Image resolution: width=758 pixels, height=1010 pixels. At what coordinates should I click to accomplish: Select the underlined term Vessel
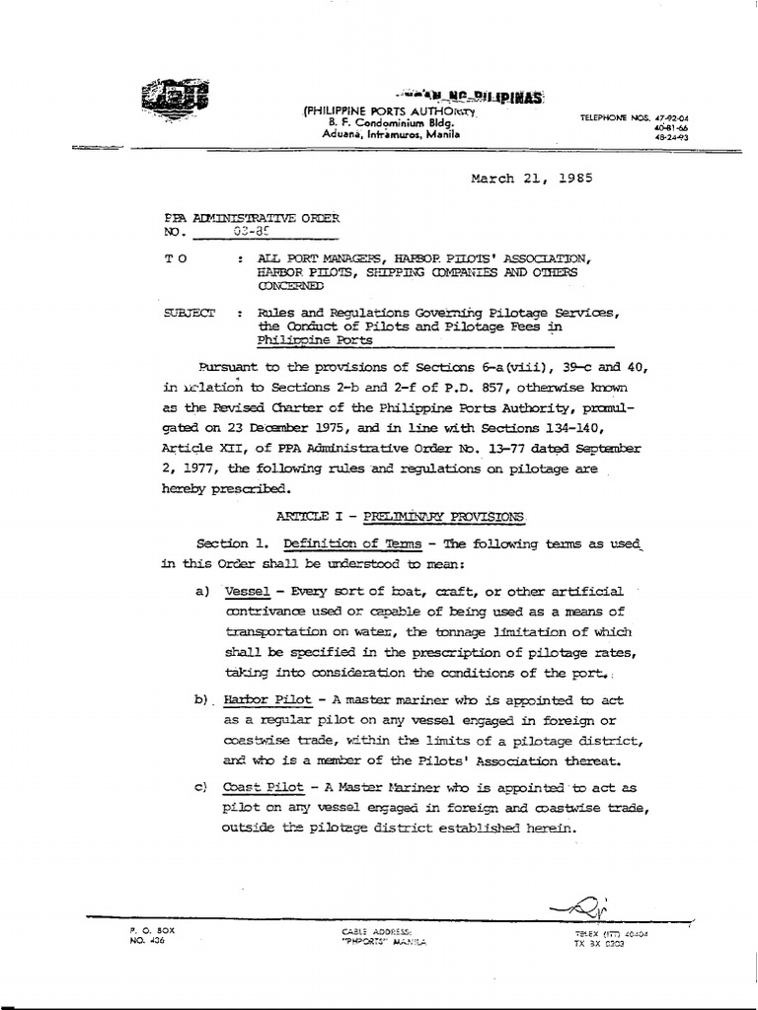251,592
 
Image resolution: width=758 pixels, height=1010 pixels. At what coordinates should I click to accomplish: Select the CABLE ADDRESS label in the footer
376,930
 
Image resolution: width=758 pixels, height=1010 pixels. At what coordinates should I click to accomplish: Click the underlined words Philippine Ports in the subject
315,340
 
